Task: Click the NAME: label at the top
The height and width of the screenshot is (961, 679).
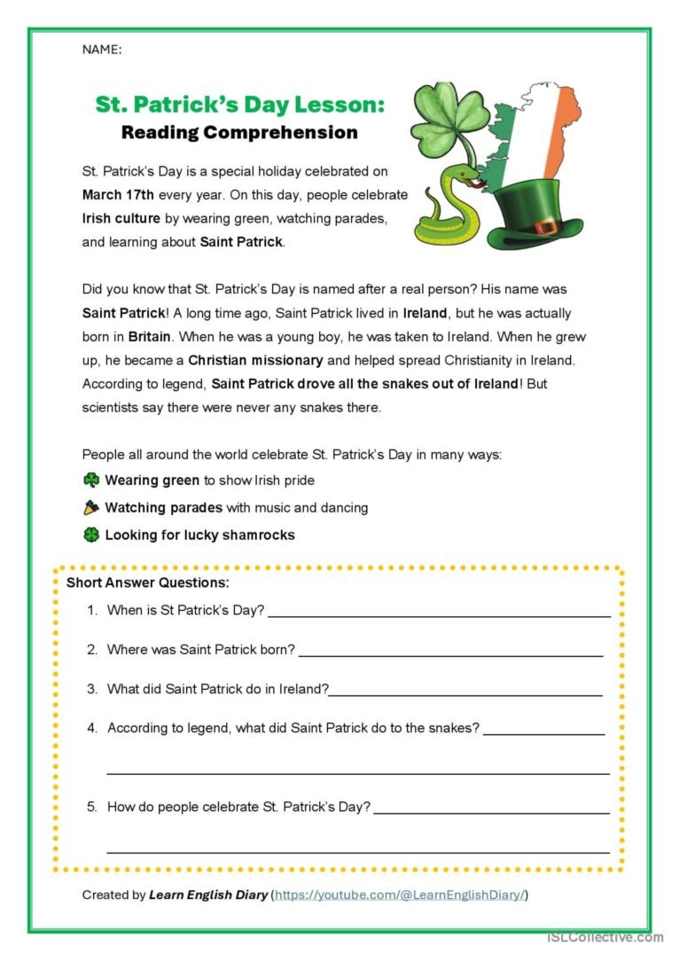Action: click(102, 50)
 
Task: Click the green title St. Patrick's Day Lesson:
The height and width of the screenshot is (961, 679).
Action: click(240, 105)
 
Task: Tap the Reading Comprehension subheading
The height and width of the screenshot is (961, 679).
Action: click(239, 133)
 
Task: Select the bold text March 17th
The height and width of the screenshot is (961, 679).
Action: click(118, 194)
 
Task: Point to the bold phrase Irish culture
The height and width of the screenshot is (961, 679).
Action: click(121, 218)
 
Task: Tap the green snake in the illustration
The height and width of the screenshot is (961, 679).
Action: click(448, 208)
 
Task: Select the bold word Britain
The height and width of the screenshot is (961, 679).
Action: click(149, 337)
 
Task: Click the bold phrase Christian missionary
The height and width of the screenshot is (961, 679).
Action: click(255, 361)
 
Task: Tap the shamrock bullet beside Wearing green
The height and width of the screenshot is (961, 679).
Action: click(91, 480)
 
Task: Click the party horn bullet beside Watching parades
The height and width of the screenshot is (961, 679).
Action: click(91, 508)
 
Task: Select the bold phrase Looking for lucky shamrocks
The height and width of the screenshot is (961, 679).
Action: click(199, 535)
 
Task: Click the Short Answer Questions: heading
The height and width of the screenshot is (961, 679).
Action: click(147, 582)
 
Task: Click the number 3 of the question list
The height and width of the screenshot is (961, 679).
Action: click(92, 689)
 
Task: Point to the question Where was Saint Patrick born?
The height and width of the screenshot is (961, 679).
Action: click(201, 650)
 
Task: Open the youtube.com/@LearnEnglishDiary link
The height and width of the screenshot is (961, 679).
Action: click(401, 895)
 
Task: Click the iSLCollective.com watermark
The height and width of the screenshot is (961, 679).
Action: click(605, 937)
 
